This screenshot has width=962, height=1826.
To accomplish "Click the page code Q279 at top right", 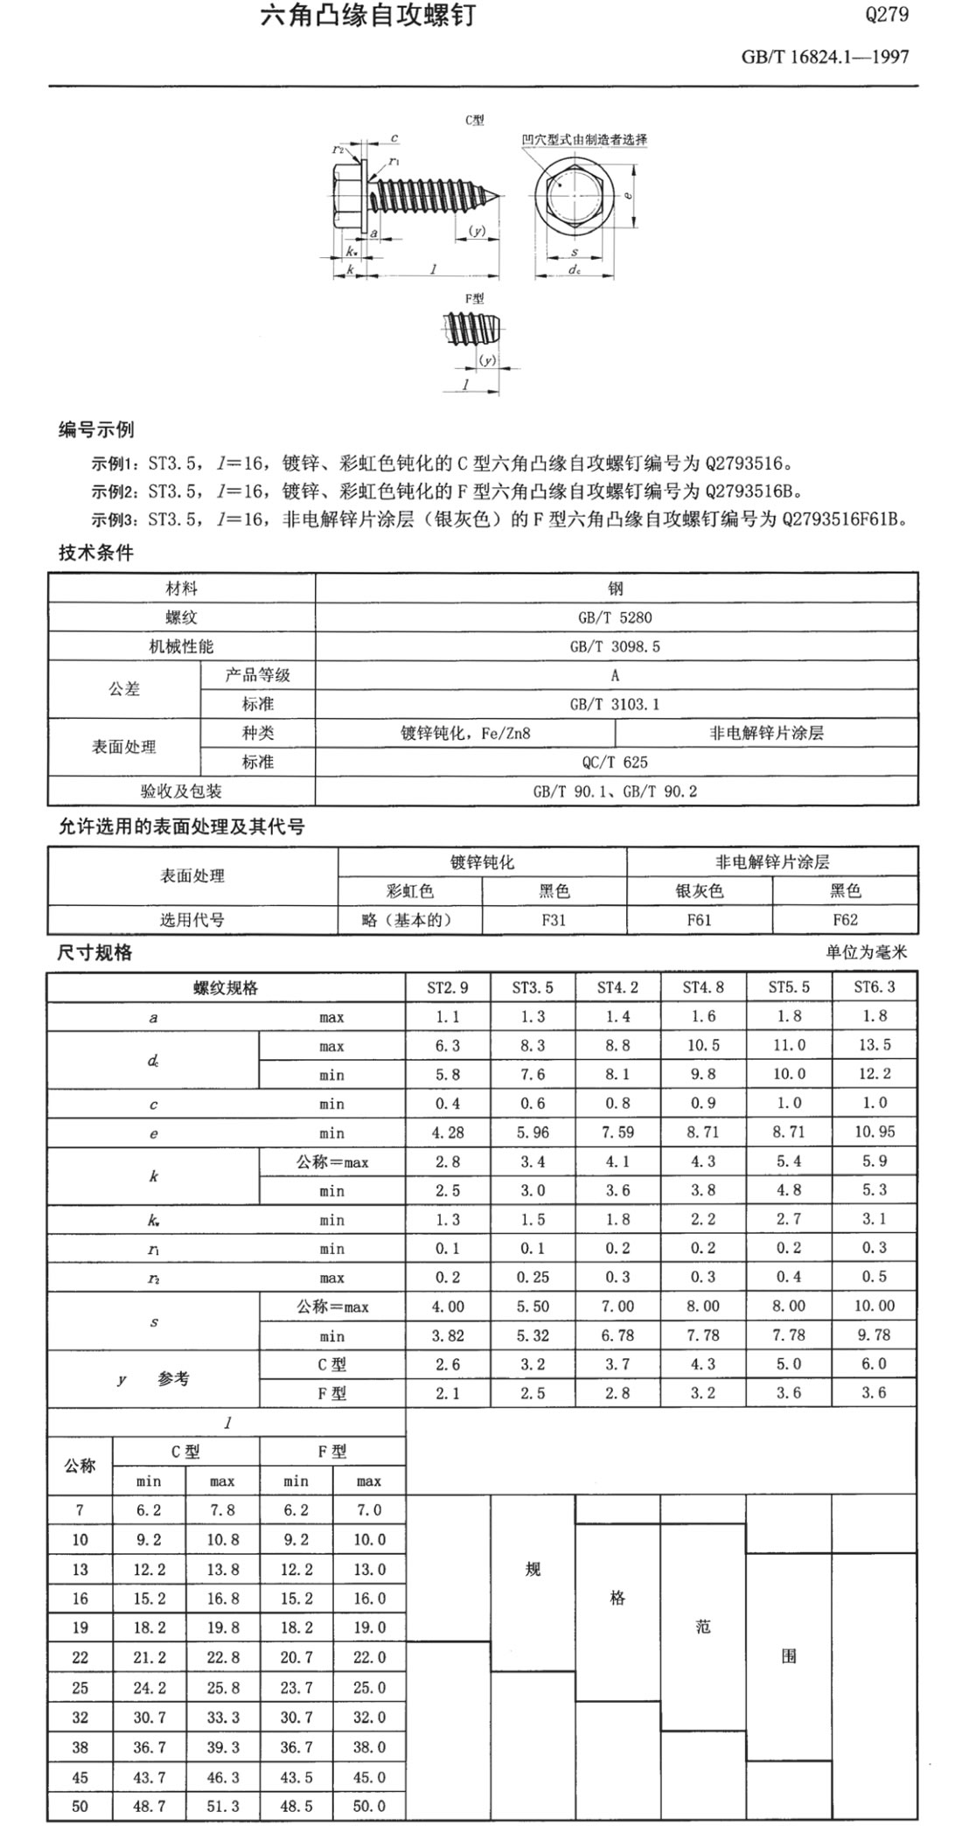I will [x=887, y=15].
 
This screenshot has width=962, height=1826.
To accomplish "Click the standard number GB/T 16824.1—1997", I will [x=825, y=57].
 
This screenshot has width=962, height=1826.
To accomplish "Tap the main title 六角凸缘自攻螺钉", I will [x=368, y=16].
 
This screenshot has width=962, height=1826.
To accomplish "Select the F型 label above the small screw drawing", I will [x=475, y=298].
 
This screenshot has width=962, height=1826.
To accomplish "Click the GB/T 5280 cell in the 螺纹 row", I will [x=616, y=617].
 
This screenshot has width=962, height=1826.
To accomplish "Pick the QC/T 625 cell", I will [x=616, y=762].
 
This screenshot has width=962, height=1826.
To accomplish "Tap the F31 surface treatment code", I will [x=554, y=920].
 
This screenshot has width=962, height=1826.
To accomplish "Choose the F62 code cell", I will [x=845, y=920].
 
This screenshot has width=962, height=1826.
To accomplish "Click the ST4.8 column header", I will [x=703, y=987].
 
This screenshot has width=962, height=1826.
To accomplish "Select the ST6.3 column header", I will [x=875, y=987].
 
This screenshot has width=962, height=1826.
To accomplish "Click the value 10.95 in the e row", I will [x=875, y=1133].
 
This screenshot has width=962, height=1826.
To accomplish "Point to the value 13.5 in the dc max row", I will [x=875, y=1045].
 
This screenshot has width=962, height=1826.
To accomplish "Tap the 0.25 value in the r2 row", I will [x=533, y=1277].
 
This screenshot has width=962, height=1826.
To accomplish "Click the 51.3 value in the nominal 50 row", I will [x=222, y=1806].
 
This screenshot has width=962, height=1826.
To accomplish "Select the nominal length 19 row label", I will [x=80, y=1628].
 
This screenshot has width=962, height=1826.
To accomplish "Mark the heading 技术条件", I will [x=95, y=553].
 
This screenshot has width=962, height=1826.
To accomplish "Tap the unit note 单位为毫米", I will [x=866, y=952].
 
